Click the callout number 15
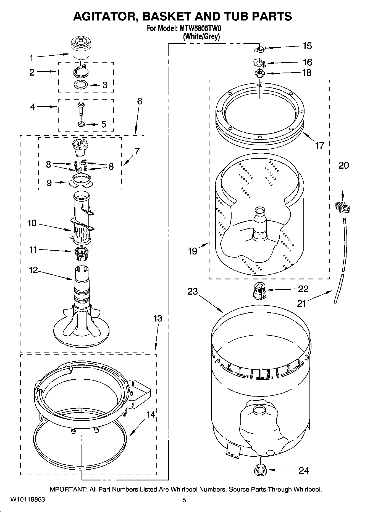[x=307, y=46]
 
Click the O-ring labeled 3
[x=81, y=84]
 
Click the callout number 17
[x=319, y=145]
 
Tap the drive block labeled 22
[x=259, y=291]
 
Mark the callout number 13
[x=158, y=318]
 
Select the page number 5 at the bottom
[x=184, y=500]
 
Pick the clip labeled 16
[x=259, y=63]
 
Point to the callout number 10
[x=32, y=223]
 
